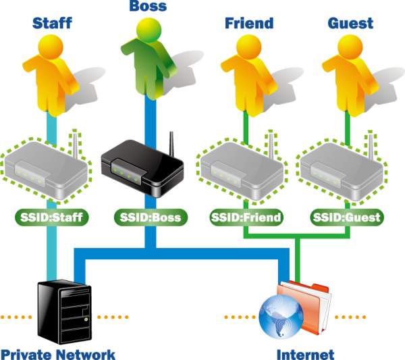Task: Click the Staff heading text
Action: point(52,23)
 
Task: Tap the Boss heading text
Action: point(148,6)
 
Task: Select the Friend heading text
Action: point(249,23)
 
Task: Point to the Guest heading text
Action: point(350,23)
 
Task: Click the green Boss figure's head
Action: point(149,30)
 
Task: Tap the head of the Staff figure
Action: point(51,47)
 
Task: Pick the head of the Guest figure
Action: point(350,47)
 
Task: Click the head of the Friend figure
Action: point(248,47)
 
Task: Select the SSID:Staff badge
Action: point(52,217)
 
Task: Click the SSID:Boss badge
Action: point(151,217)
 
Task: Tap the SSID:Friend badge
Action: point(246,217)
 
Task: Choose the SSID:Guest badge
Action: point(347,217)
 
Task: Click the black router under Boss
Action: point(142,168)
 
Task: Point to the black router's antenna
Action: point(171,144)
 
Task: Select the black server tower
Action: point(65,312)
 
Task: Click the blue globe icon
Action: point(281,317)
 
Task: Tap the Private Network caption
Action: point(58,355)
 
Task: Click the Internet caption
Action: point(306,355)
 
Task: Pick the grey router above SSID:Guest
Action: point(342,170)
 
